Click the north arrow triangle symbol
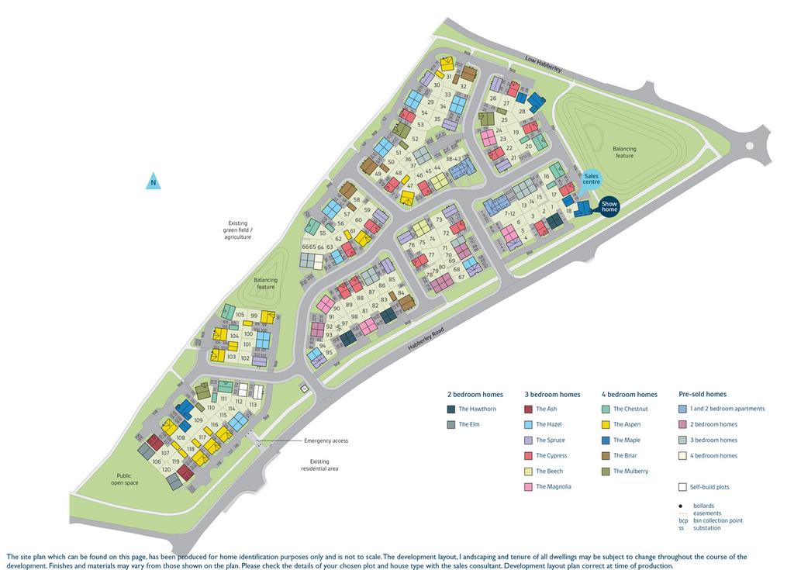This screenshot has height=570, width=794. (154, 182)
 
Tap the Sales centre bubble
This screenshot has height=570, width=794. (592, 179)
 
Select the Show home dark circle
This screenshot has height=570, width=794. (609, 206)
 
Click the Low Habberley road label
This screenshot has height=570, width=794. (543, 64)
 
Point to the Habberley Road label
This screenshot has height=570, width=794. (430, 338)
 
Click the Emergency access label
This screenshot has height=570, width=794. (326, 440)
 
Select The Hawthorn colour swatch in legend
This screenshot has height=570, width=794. (451, 409)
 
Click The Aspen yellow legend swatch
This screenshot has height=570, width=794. (606, 424)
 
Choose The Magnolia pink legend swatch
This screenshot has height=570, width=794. (528, 486)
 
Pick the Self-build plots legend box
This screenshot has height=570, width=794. (682, 487)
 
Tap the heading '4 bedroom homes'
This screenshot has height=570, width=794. (629, 394)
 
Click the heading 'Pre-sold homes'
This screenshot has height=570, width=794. (702, 394)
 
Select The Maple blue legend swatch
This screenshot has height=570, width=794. (606, 440)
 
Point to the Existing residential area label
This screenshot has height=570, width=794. (319, 465)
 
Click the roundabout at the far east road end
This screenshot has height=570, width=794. (750, 145)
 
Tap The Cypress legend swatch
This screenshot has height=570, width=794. (528, 455)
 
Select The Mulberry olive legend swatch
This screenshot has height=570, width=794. (606, 471)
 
